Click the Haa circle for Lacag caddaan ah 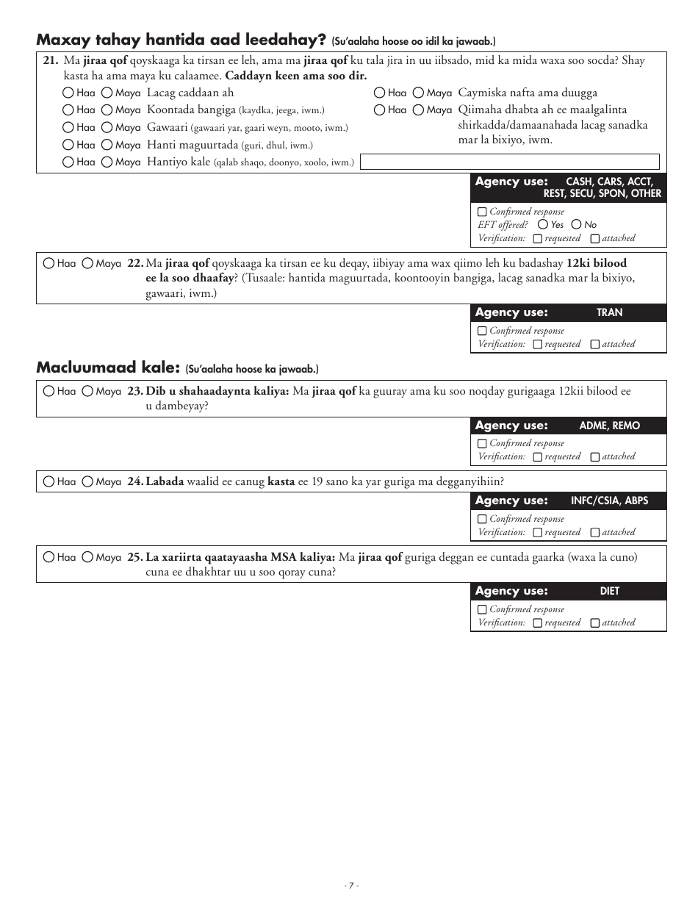pyautogui.click(x=68, y=93)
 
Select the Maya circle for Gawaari pyautogui.click(x=107, y=128)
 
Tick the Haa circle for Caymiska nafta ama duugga pyautogui.click(x=379, y=93)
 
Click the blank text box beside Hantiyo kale pyautogui.click(x=509, y=162)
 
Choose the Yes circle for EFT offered pyautogui.click(x=543, y=225)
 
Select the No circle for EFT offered pyautogui.click(x=576, y=225)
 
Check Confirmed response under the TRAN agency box pyautogui.click(x=482, y=331)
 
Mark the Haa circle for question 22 pyautogui.click(x=48, y=263)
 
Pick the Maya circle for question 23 pyautogui.click(x=87, y=392)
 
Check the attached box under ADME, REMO pyautogui.click(x=595, y=457)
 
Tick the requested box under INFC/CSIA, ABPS pyautogui.click(x=538, y=533)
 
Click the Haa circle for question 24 pyautogui.click(x=48, y=482)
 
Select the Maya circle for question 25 pyautogui.click(x=87, y=558)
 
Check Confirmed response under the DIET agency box pyautogui.click(x=482, y=610)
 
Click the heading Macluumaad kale pyautogui.click(x=108, y=367)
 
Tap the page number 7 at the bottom pyautogui.click(x=351, y=886)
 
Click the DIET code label pyautogui.click(x=609, y=592)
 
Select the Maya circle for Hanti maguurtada pyautogui.click(x=107, y=146)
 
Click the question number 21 pyautogui.click(x=50, y=61)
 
